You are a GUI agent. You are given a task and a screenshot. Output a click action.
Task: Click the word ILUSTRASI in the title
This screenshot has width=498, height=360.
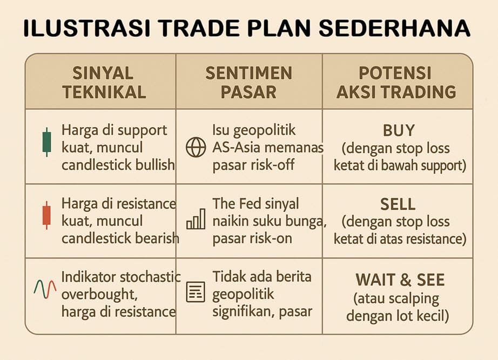87,28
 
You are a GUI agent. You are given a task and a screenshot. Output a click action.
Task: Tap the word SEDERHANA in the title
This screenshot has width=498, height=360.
394,28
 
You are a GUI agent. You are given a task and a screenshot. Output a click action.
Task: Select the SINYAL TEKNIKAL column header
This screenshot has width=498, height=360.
104,83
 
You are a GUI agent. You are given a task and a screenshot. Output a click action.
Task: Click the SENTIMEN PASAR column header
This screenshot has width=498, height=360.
248,83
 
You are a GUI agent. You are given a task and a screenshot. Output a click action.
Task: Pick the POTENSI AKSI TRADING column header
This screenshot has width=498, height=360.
396,83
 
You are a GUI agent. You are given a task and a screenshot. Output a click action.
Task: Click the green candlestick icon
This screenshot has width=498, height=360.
46,142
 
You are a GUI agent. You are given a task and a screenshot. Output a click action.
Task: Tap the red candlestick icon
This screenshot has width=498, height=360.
46,215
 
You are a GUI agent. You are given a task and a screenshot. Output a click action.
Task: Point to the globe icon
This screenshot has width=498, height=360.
196,148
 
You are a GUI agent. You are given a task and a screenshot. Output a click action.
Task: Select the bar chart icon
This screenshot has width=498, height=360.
196,219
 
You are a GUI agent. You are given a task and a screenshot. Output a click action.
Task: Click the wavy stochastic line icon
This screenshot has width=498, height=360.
45,289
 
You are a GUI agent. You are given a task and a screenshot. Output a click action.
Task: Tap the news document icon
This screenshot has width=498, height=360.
196,292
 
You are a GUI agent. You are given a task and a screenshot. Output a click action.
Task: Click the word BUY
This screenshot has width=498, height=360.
399,131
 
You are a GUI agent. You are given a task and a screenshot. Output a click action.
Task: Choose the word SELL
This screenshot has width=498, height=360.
398,204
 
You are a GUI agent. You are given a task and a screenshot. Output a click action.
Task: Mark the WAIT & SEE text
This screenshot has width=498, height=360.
400,280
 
